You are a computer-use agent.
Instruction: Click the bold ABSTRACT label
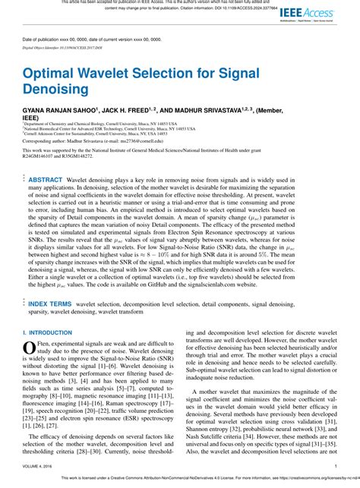[45, 179]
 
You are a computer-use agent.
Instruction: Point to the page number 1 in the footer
[335, 468]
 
